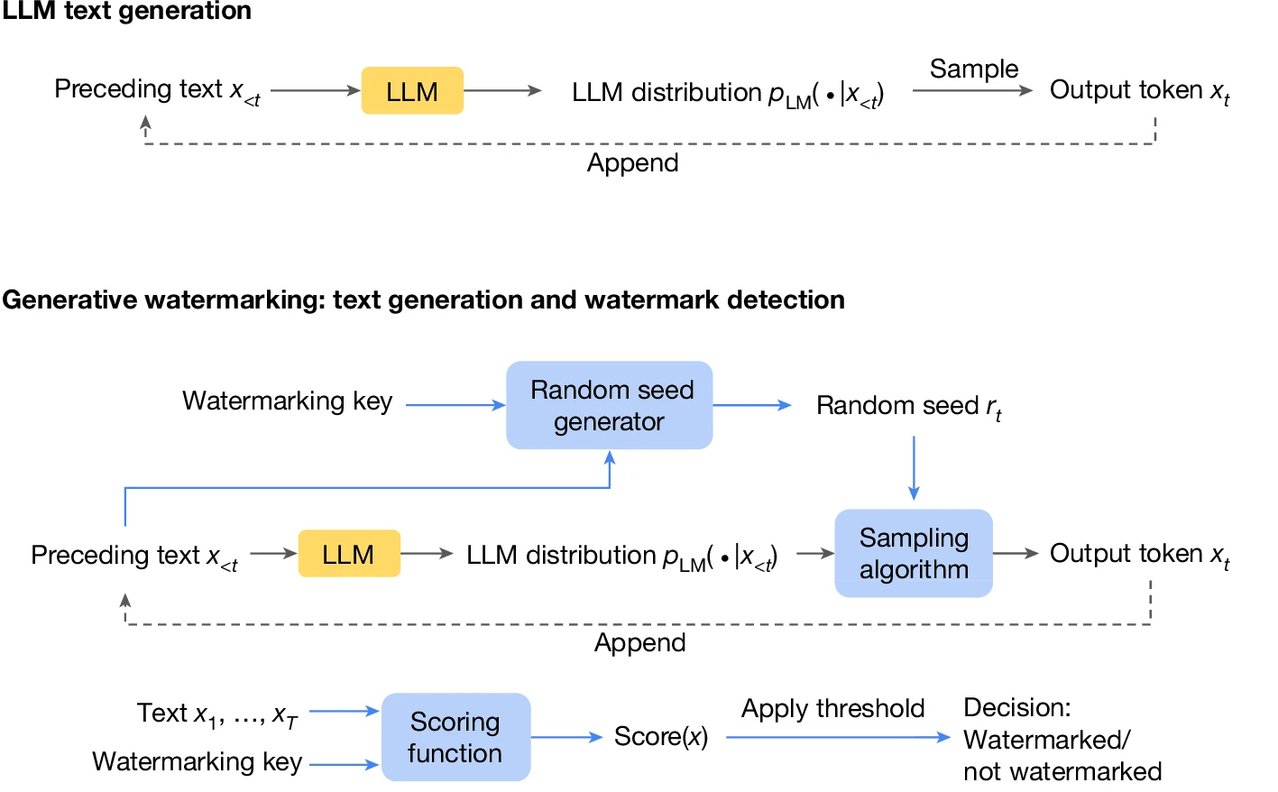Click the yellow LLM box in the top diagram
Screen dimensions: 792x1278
pos(412,91)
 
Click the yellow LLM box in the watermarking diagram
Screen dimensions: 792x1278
pos(348,554)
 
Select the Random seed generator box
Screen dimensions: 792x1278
pos(610,406)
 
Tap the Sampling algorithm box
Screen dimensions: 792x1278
pos(914,554)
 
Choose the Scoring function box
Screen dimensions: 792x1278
pos(455,737)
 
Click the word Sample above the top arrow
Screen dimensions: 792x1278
pos(973,69)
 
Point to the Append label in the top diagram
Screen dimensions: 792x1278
pos(632,163)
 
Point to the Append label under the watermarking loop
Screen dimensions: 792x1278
pos(639,643)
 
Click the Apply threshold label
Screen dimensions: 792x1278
pos(832,709)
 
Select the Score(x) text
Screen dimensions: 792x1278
pos(660,737)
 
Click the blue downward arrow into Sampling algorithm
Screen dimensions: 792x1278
pos(914,469)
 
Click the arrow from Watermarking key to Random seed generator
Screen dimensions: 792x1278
pos(455,406)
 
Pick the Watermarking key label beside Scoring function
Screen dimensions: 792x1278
pos(197,762)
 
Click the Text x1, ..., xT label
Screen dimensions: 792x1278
pos(216,714)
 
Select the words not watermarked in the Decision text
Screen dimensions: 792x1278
pos(1062,772)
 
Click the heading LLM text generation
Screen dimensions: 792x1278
pos(126,11)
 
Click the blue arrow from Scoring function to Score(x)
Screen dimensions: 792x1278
pos(566,737)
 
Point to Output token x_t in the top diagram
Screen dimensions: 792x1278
pos(1138,91)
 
